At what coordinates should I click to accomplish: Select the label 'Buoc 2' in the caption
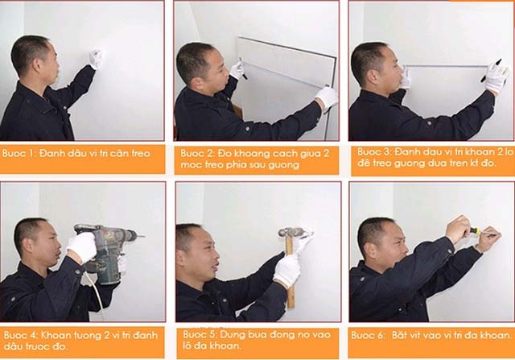click(196, 152)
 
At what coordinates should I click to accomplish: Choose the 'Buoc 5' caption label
click(197, 333)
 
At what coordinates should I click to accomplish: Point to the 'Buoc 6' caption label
click(369, 333)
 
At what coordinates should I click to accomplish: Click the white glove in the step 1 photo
click(97, 58)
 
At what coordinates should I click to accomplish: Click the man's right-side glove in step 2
click(327, 97)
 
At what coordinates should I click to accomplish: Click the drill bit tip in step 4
click(142, 238)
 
